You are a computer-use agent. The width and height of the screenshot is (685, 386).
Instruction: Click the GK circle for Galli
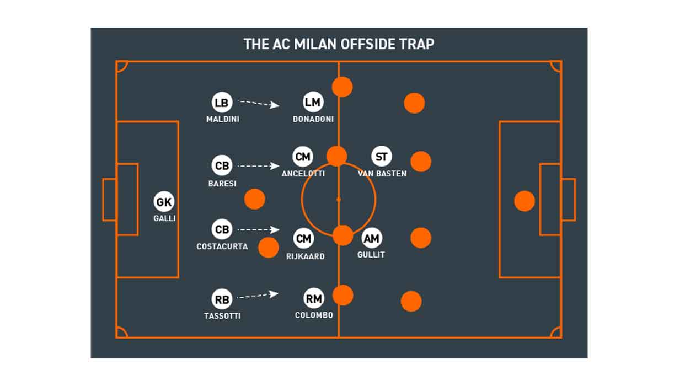point(164,202)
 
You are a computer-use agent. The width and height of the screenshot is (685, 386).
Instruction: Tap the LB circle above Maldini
point(222,103)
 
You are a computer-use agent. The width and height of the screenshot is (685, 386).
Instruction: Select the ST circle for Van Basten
point(382,156)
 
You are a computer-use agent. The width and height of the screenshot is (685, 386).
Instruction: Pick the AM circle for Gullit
point(372,238)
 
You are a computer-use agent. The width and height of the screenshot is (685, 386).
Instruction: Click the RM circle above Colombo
point(314,298)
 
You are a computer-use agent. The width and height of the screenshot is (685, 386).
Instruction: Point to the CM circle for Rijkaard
point(303,238)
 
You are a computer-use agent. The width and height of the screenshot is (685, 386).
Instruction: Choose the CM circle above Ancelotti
point(303,157)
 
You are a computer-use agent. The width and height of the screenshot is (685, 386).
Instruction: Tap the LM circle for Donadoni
point(313,102)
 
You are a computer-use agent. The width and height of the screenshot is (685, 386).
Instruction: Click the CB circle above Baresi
point(222,165)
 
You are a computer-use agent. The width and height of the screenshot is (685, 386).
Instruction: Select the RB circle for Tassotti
point(222,299)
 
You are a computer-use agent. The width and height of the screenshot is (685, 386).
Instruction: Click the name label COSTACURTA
point(222,246)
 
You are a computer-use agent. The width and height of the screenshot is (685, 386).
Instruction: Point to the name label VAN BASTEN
point(382,174)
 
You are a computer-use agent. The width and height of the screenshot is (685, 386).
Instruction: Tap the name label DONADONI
point(313,119)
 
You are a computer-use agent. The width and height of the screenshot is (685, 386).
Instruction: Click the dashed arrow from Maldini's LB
point(259,104)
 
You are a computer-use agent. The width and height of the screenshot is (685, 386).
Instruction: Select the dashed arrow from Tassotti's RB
point(258,295)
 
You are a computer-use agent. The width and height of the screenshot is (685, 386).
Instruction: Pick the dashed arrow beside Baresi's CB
point(259,166)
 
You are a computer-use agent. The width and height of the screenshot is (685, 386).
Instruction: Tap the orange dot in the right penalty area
point(525,201)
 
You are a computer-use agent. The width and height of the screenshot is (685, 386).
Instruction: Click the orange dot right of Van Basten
point(421,161)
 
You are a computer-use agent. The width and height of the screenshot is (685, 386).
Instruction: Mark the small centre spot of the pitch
point(339,200)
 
